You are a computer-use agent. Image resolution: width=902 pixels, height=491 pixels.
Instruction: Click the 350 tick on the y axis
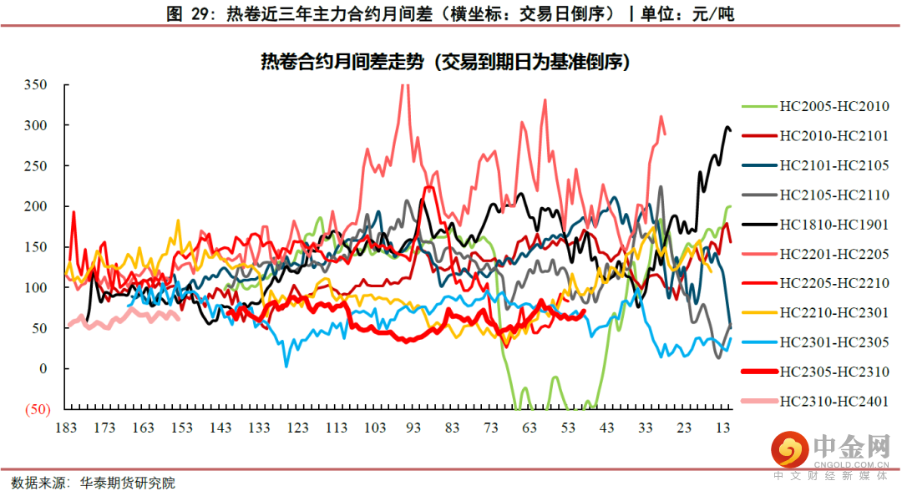(x=35, y=85)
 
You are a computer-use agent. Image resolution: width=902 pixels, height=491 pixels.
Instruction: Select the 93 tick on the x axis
(x=413, y=428)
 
